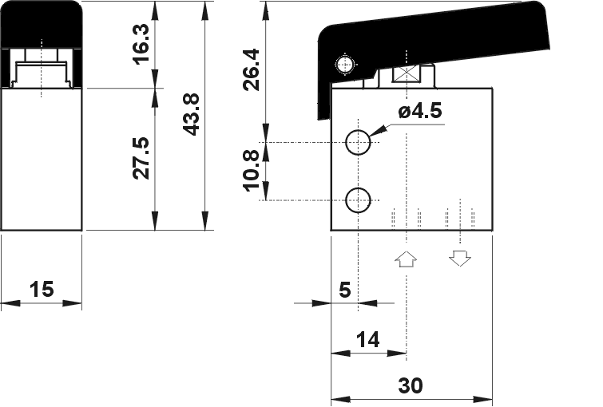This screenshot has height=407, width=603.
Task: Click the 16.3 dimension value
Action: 140,44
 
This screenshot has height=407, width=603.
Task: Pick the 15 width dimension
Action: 41,289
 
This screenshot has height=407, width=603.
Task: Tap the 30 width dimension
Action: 410,386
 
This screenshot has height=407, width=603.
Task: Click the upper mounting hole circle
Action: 358,143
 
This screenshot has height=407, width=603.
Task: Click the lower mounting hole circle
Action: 358,200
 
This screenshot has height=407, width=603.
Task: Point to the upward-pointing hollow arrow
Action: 406,259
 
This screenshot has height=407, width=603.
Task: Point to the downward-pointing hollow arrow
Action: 459,259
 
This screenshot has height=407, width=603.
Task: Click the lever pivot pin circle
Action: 345,65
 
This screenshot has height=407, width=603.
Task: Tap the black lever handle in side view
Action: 447,32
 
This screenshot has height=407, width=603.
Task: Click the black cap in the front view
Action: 42,22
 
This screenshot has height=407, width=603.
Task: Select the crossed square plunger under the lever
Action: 407,76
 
